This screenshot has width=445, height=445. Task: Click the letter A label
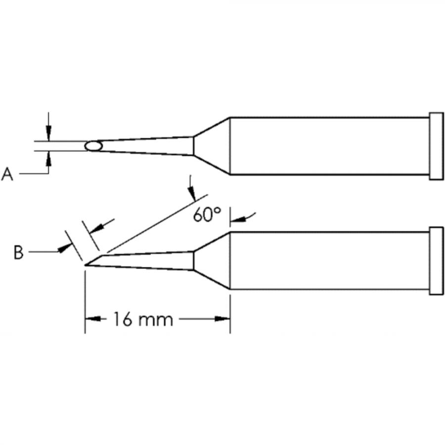(7, 174)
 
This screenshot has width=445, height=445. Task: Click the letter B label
(18, 253)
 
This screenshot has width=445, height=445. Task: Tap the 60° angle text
(207, 215)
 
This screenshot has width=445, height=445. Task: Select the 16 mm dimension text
(143, 319)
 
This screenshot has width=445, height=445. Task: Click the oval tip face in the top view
(93, 146)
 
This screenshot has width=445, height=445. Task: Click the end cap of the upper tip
(436, 146)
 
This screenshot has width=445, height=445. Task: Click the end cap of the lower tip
(436, 261)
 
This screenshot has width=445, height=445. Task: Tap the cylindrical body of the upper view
(329, 146)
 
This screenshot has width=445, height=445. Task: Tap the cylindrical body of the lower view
(329, 261)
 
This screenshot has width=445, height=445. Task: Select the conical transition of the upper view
(212, 146)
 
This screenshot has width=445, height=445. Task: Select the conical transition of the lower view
(212, 261)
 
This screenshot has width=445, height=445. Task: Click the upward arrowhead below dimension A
(48, 158)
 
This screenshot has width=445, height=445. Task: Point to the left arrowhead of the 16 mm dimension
(92, 319)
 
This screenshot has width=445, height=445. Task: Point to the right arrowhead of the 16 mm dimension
(223, 319)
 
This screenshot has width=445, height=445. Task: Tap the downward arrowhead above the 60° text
(192, 194)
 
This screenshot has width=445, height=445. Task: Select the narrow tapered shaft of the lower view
(148, 260)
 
